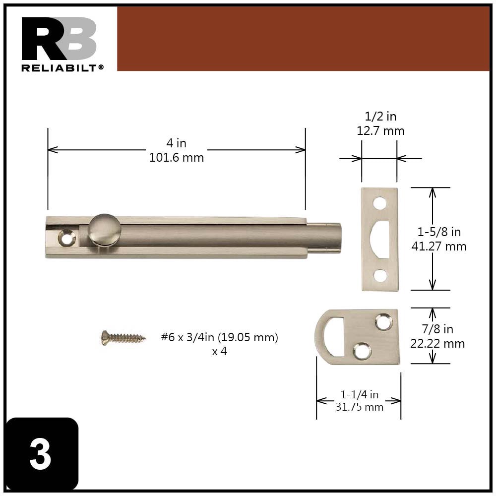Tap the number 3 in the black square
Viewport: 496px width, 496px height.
40,454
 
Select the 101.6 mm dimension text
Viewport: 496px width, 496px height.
176,158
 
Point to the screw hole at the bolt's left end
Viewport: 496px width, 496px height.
65,237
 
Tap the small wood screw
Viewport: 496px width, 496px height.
123,338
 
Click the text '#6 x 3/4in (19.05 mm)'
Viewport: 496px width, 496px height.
219,338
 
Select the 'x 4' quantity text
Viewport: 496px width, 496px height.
219,352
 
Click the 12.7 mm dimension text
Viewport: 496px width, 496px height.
380,131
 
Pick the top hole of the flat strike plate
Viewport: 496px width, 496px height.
380,203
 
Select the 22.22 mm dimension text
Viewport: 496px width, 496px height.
437,343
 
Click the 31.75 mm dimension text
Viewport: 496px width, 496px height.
359,407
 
